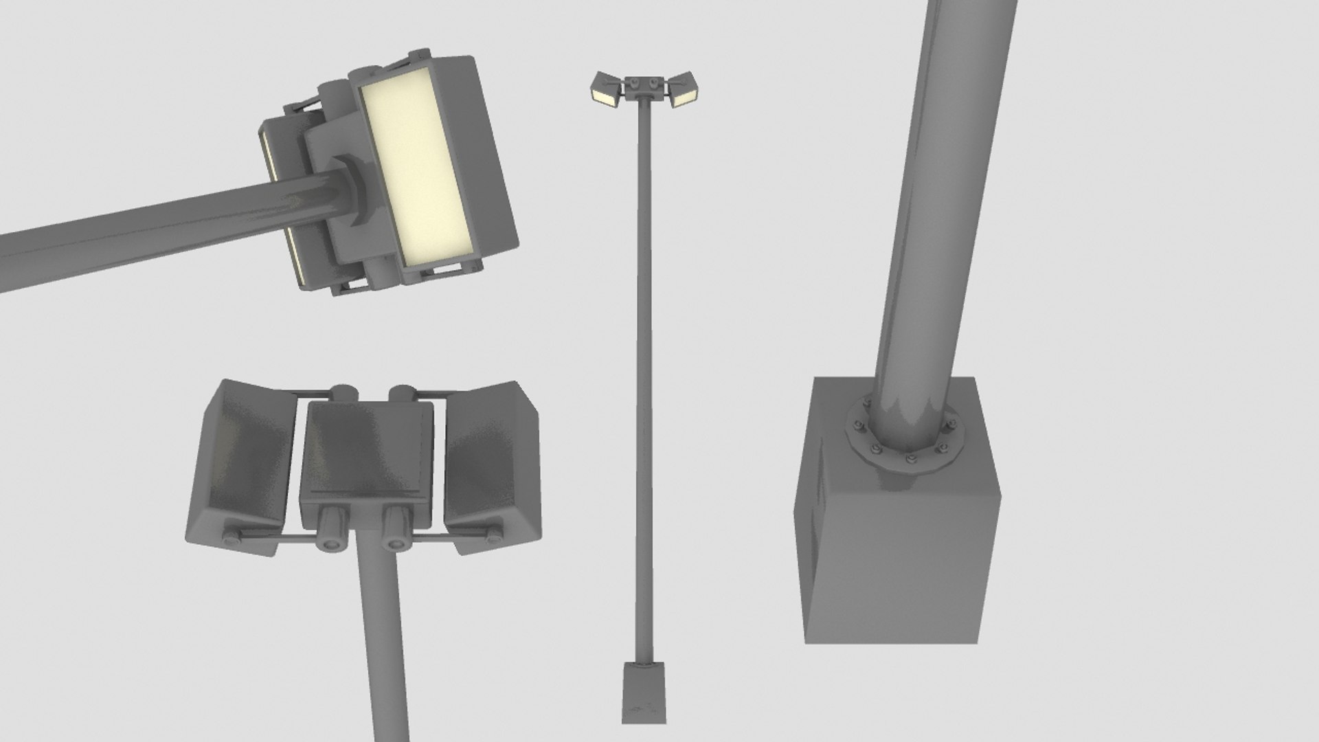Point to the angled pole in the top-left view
click(137, 230)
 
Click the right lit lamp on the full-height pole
click(684, 95)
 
